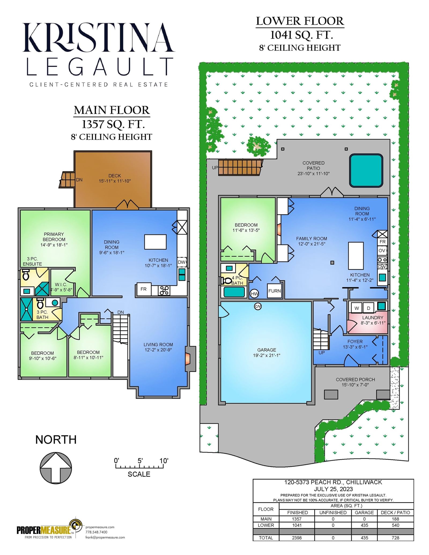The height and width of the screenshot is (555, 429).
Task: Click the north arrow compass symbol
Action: (56, 468)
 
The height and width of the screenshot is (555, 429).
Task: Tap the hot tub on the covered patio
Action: (366, 170)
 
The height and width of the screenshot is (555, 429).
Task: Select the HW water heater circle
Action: (254, 293)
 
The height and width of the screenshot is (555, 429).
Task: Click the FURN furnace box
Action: (274, 291)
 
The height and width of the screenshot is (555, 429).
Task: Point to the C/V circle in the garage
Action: (258, 306)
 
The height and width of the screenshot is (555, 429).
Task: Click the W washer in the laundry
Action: (356, 308)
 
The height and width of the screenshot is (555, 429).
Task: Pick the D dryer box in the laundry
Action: (369, 308)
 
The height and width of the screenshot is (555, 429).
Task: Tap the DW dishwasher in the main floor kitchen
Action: (182, 262)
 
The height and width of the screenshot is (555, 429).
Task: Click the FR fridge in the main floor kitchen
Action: (144, 289)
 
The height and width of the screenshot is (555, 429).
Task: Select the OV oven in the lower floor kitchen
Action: (382, 251)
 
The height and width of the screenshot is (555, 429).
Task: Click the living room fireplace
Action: (190, 359)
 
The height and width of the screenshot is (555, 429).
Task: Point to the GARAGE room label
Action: (267, 350)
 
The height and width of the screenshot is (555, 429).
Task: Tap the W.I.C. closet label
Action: (61, 284)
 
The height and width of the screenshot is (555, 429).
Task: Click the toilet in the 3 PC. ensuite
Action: (26, 275)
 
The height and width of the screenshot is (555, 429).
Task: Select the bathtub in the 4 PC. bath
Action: (234, 292)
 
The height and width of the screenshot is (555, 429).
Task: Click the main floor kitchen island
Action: (155, 242)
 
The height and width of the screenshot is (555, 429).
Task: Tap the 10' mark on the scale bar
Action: (164, 461)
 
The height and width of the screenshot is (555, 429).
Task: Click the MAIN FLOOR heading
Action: (112, 110)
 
